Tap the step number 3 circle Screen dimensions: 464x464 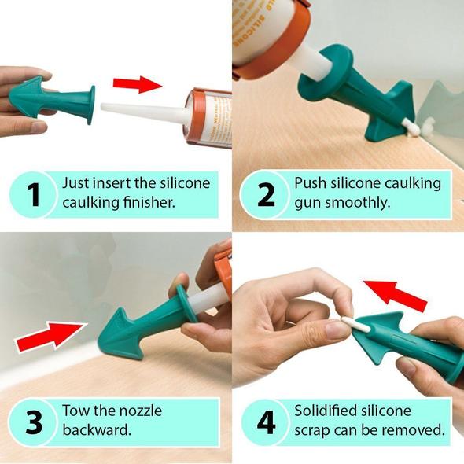[x=32, y=422]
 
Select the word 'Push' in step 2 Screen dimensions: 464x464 [x=311, y=183]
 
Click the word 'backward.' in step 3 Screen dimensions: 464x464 [x=97, y=432]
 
